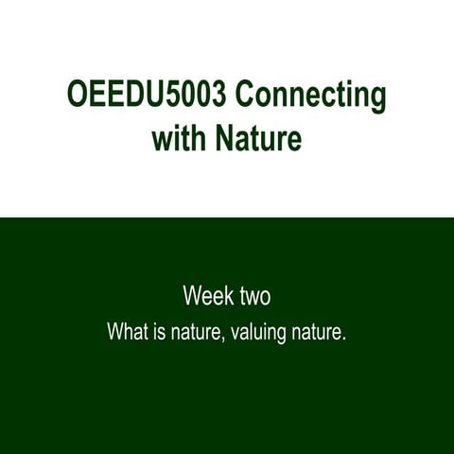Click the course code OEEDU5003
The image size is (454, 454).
pos(144,97)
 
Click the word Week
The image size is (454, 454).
pos(207,296)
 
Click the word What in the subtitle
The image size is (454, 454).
pos(125,333)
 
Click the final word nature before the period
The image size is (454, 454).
pos(316,333)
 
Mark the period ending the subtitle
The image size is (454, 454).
pos(344,339)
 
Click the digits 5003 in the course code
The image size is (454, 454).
pos(191,97)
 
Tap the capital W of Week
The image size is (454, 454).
pos(193,296)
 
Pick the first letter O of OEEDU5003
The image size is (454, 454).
pos(78,97)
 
